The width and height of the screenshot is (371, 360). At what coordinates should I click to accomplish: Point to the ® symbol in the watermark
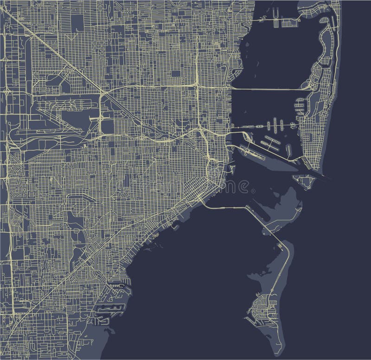tap(252, 191)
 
